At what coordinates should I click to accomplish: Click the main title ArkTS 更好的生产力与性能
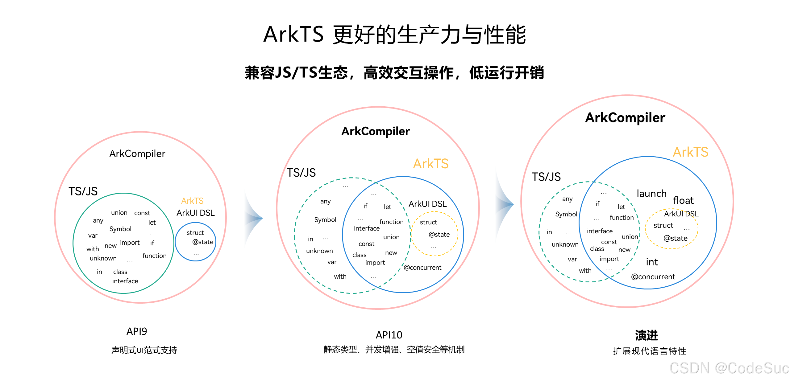tap(394, 35)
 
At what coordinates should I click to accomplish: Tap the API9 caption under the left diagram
tap(137, 331)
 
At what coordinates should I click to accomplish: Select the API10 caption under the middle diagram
tap(389, 335)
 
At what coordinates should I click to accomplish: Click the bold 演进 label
tap(647, 335)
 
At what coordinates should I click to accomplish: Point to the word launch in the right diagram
tap(651, 194)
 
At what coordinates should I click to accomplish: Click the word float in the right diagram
tap(683, 201)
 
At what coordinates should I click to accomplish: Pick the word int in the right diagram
tap(652, 262)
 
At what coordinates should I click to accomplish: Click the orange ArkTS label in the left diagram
tap(192, 201)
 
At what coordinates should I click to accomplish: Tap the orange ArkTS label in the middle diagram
tap(430, 164)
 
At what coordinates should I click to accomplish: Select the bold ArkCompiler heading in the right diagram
tap(625, 118)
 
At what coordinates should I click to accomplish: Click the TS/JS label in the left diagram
tap(83, 191)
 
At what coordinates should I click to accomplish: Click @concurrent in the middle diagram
tap(422, 268)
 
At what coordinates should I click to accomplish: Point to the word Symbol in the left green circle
tap(120, 229)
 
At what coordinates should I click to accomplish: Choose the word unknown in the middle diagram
tap(319, 251)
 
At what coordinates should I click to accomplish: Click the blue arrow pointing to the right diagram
tap(504, 204)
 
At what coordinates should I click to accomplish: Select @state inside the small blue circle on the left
tap(203, 242)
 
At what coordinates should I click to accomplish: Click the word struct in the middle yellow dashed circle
tap(428, 222)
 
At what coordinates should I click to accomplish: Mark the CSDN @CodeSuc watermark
tap(729, 368)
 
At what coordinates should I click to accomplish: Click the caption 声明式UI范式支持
tap(144, 350)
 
